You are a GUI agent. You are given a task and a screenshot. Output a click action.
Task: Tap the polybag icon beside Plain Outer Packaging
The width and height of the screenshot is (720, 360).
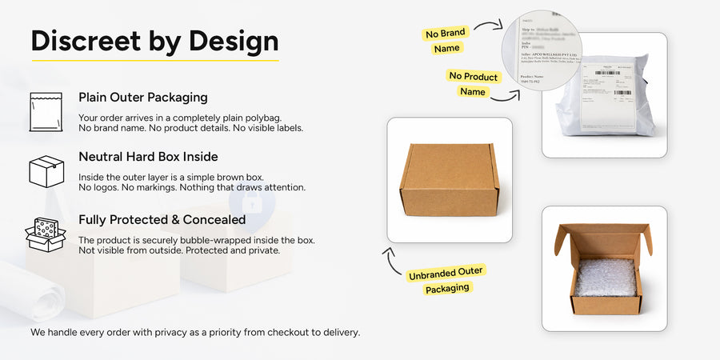click(46, 111)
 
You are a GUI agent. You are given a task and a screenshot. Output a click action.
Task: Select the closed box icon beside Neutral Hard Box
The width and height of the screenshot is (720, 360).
click(46, 171)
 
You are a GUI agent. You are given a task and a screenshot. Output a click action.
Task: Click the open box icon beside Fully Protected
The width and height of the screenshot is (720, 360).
click(46, 234)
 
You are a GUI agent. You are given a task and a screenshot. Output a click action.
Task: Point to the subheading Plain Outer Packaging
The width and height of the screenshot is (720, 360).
click(142, 98)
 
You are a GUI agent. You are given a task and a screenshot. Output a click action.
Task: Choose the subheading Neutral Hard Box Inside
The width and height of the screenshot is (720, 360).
click(148, 157)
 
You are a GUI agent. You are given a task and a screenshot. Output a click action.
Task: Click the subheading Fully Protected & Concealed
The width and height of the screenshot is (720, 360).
click(162, 219)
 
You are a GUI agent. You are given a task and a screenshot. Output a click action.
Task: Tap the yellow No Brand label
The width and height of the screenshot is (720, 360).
click(446, 34)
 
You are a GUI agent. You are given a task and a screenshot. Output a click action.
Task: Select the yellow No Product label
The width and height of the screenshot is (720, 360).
click(473, 77)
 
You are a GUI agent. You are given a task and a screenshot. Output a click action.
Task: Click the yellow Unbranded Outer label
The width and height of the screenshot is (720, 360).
click(446, 273)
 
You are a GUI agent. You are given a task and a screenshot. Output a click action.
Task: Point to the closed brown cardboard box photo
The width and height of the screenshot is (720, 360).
click(449, 179)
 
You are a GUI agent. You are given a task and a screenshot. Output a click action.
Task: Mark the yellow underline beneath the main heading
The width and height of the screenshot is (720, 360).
click(154, 61)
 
